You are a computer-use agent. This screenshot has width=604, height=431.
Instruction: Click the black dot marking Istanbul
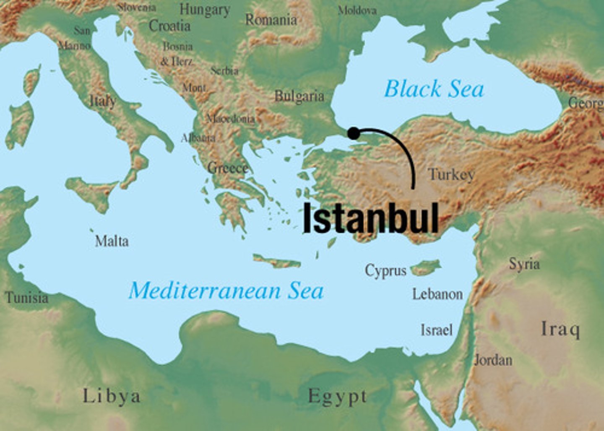click(x=354, y=133)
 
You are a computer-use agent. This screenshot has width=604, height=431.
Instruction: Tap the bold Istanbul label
click(x=370, y=218)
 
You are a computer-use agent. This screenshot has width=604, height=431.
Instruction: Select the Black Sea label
click(x=434, y=89)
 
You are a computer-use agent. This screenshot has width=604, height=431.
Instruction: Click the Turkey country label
click(x=451, y=174)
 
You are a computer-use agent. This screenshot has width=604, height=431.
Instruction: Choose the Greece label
click(x=228, y=168)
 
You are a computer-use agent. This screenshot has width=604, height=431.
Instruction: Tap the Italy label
click(x=103, y=101)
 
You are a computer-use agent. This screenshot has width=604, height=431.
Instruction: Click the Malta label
click(x=112, y=241)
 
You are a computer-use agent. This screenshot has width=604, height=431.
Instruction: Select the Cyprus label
click(x=385, y=271)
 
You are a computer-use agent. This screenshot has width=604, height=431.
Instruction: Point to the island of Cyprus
click(x=426, y=267)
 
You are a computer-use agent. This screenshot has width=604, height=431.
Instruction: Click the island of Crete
click(x=277, y=262)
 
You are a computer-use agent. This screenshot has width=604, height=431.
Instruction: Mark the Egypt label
click(x=338, y=396)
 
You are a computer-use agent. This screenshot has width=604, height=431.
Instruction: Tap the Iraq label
click(x=560, y=329)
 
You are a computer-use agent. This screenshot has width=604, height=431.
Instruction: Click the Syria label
click(x=524, y=264)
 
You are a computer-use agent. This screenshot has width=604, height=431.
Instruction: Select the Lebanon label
click(x=437, y=294)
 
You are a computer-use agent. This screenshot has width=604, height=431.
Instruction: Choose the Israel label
click(x=437, y=330)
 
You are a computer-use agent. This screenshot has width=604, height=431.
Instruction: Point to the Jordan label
click(x=493, y=360)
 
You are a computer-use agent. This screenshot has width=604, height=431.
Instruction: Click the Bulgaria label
click(x=299, y=96)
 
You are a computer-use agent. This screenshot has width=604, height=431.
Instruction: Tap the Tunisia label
click(x=27, y=298)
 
